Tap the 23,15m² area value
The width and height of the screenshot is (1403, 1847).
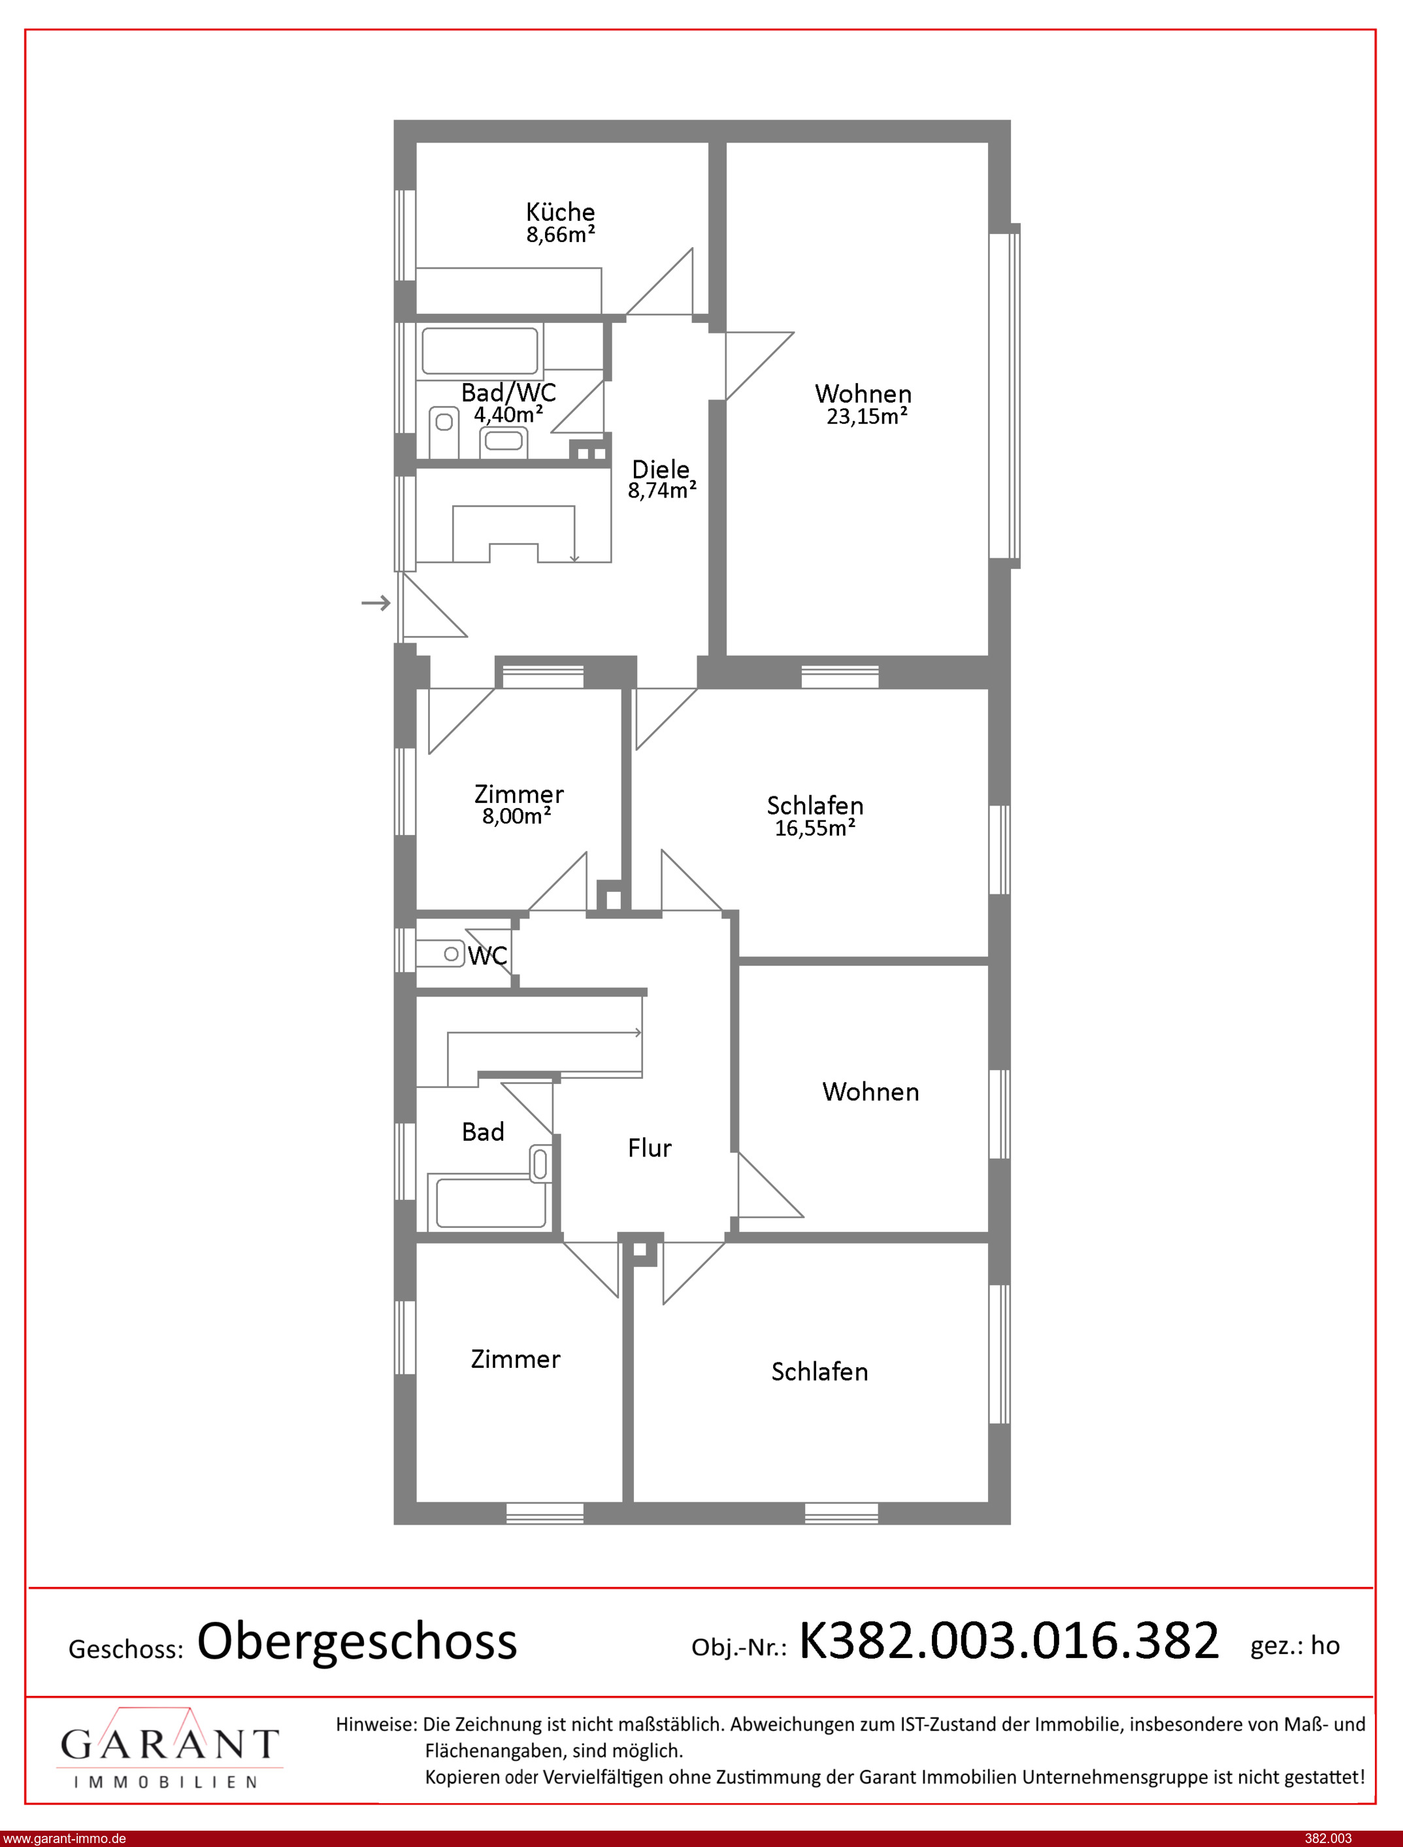coord(867,416)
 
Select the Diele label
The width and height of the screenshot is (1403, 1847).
coord(661,469)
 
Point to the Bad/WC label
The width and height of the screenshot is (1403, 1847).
coord(508,392)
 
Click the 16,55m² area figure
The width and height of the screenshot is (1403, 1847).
coord(815,828)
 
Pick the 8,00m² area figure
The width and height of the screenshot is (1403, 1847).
coord(517,816)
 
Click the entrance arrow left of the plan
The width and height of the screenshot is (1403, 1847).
coord(376,602)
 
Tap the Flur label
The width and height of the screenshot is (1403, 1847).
coord(650,1148)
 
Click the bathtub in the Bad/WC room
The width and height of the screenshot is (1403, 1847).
coord(480,351)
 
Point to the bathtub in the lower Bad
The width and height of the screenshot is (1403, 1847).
coord(491,1202)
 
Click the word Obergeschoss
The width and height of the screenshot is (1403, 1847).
coord(357,1642)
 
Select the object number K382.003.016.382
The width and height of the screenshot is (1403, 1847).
coord(1009,1640)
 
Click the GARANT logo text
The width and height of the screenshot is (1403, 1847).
coord(169,1745)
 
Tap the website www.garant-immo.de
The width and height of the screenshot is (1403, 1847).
coord(64,1839)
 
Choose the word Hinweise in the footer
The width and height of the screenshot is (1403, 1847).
coord(376,1724)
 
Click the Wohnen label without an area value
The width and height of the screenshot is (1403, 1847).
coord(870,1091)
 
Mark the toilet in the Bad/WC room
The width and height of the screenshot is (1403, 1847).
coord(444,431)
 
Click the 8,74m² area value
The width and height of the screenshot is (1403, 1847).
coord(662,490)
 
